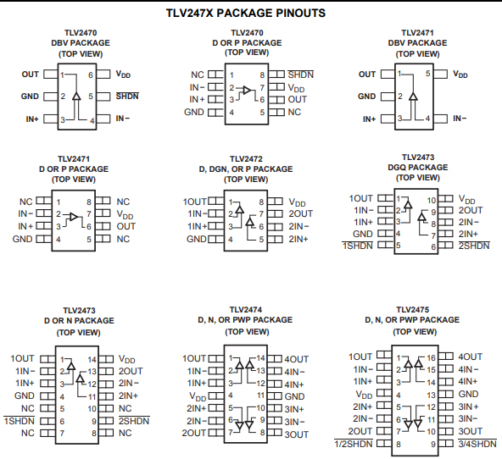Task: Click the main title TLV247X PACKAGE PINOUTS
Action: [246, 13]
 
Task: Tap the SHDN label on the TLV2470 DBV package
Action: [127, 97]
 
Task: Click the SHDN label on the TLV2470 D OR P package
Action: [301, 75]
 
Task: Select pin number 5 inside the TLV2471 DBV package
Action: [427, 74]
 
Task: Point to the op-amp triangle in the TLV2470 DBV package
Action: [76, 97]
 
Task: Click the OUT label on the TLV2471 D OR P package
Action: [126, 226]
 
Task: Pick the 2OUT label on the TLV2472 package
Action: [301, 213]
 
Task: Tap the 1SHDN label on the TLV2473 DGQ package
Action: [358, 246]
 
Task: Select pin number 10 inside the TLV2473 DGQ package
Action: [432, 201]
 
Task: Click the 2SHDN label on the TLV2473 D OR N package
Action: [134, 421]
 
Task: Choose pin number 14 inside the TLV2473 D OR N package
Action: [92, 360]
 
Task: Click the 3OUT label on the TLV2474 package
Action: [297, 434]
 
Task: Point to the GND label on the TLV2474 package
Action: [294, 396]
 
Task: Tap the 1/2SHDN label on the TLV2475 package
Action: [354, 444]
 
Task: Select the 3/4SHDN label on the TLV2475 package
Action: [477, 444]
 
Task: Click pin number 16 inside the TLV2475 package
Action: [432, 358]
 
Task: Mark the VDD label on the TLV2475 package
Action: [364, 395]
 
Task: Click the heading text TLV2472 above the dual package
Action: [246, 159]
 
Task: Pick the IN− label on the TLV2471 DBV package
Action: [460, 119]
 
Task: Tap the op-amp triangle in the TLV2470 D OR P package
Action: [247, 90]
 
